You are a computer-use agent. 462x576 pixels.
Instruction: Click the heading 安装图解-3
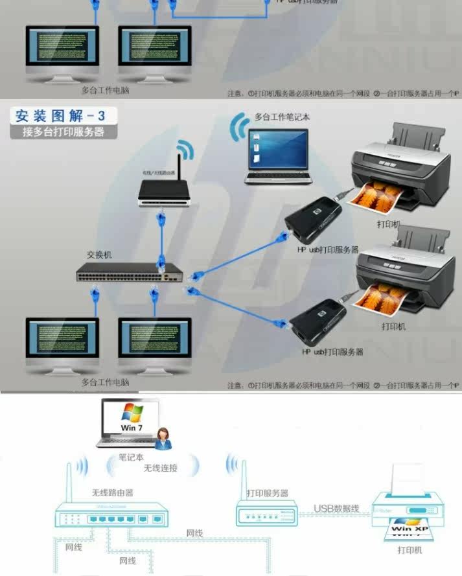[59, 117]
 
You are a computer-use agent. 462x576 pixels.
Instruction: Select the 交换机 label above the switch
[99, 255]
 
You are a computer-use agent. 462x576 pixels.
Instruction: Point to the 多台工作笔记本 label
[282, 118]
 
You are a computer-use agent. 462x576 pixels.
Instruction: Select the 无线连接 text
[160, 468]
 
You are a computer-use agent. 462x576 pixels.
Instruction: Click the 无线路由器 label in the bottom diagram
[112, 492]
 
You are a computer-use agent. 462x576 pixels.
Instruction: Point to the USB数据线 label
[336, 509]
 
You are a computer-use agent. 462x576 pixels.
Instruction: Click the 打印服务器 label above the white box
[267, 494]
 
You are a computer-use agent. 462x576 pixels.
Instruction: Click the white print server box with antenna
[266, 514]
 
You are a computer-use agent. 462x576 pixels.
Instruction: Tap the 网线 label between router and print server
[194, 533]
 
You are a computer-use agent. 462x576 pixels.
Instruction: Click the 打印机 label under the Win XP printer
[409, 550]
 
